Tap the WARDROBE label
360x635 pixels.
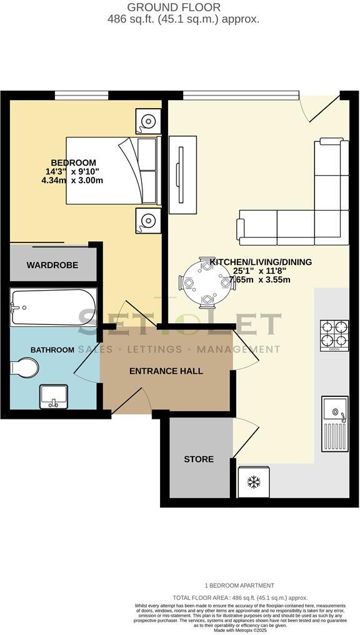click(52, 265)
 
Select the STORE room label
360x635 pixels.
click(199, 459)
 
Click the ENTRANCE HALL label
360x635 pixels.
click(166, 371)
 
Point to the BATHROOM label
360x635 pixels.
click(54, 349)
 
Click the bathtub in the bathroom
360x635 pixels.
click(53, 307)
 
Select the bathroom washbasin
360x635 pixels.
click(54, 396)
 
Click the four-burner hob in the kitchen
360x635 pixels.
click(334, 336)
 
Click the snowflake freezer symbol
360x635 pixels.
click(254, 482)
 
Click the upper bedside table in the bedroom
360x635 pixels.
click(148, 121)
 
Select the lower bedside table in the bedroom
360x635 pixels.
click(148, 221)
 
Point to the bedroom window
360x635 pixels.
click(81, 95)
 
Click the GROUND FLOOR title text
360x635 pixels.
click(174, 7)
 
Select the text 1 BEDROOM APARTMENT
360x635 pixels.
click(241, 586)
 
